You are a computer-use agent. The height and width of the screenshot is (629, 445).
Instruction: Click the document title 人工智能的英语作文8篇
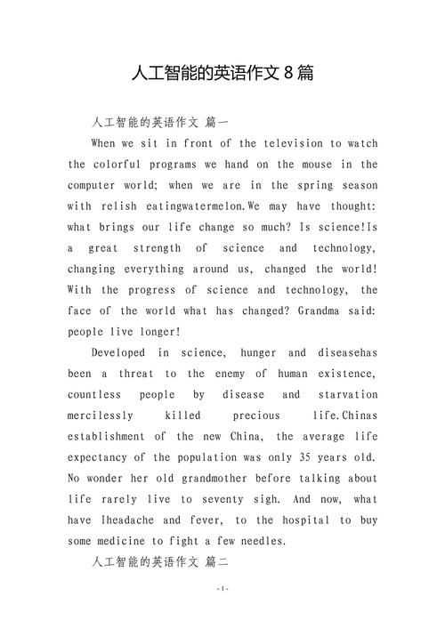(x=222, y=72)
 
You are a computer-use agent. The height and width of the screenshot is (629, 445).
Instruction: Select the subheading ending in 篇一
(x=160, y=123)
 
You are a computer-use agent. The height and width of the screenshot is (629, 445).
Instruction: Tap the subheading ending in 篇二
(x=160, y=562)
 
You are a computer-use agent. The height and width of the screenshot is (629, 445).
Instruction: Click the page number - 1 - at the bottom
(x=222, y=615)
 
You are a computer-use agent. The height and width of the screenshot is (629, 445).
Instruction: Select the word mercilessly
(x=101, y=415)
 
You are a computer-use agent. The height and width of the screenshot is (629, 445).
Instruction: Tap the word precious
(x=256, y=415)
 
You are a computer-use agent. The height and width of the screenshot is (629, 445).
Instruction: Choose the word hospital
(x=296, y=520)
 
